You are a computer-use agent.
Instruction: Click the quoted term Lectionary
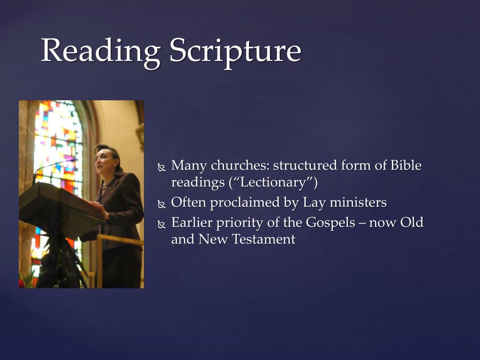[273, 183]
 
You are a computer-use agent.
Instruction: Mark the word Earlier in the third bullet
[192, 222]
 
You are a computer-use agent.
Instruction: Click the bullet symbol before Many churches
[162, 167]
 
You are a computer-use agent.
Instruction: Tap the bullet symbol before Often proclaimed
[162, 204]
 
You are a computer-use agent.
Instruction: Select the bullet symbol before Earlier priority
[162, 224]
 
